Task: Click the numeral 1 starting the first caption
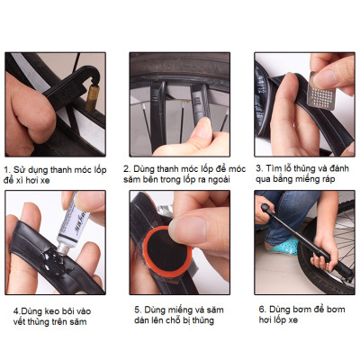pyautogui.click(x=7, y=168)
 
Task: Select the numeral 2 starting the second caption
pyautogui.click(x=127, y=168)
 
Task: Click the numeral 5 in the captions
pyautogui.click(x=136, y=308)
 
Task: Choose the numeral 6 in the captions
pyautogui.click(x=260, y=308)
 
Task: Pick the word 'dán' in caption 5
pyautogui.click(x=143, y=319)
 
